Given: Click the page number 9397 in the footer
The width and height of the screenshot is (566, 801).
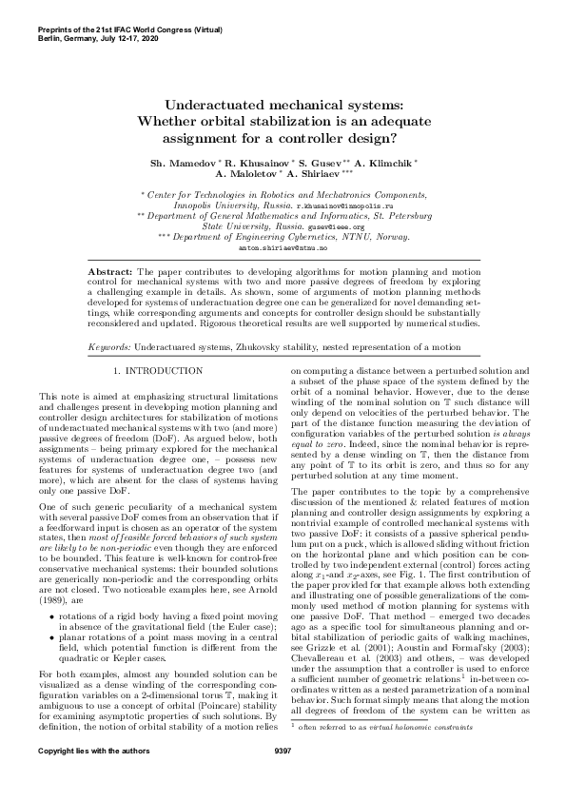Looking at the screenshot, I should click(x=282, y=777).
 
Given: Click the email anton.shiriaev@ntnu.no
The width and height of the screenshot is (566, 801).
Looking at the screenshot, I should click(x=282, y=247).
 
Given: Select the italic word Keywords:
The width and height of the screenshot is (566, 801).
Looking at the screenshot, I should click(x=109, y=323).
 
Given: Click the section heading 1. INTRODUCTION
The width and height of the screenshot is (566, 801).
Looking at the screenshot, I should click(x=158, y=342).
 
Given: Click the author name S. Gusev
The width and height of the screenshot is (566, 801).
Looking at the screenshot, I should click(x=329, y=165).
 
